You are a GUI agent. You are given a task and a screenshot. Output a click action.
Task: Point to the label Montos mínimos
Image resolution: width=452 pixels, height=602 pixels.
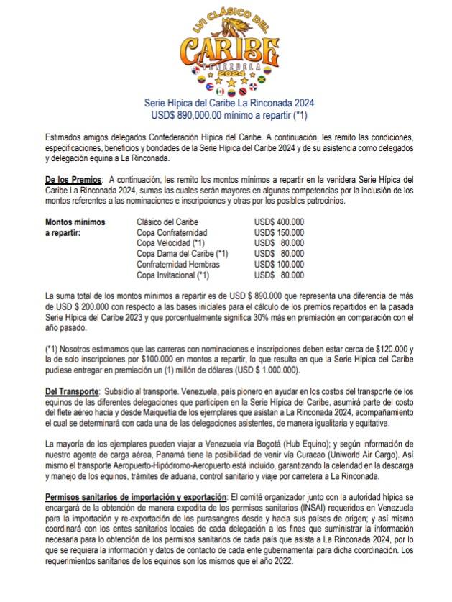[x=75, y=222]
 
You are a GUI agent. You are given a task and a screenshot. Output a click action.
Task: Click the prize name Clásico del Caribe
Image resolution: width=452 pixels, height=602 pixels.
[x=167, y=222]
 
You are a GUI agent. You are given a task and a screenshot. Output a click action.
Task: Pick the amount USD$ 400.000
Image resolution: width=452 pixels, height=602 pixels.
[x=279, y=222]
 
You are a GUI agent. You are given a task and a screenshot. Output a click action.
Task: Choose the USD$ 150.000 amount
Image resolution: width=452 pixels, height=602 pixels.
[x=279, y=233]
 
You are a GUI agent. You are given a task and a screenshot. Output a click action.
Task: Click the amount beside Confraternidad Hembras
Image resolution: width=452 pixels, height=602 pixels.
[x=279, y=265]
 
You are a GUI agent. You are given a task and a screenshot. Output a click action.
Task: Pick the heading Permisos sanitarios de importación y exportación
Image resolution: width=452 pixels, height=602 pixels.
[x=136, y=498]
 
